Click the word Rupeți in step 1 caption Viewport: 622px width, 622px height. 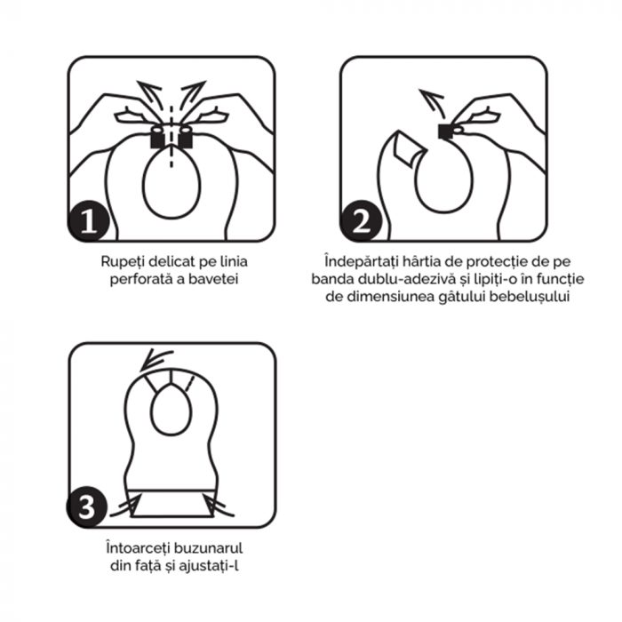click(122, 263)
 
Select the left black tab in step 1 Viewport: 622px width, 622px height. click(157, 136)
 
